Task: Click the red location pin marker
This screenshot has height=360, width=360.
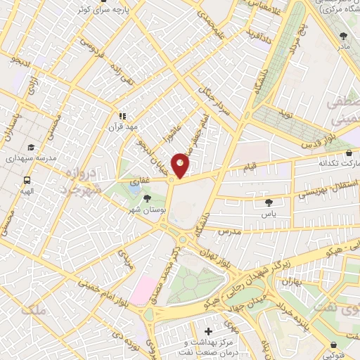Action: coord(181,165)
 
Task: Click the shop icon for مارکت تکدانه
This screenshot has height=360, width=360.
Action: coord(349,152)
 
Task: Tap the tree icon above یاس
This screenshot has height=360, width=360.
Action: coord(268,202)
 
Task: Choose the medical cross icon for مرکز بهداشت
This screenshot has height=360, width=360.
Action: coord(208,330)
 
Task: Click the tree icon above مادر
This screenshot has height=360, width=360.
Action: coord(343,35)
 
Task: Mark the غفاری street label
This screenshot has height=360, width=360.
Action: coord(138,181)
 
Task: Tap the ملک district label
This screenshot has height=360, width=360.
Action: coord(33,309)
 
